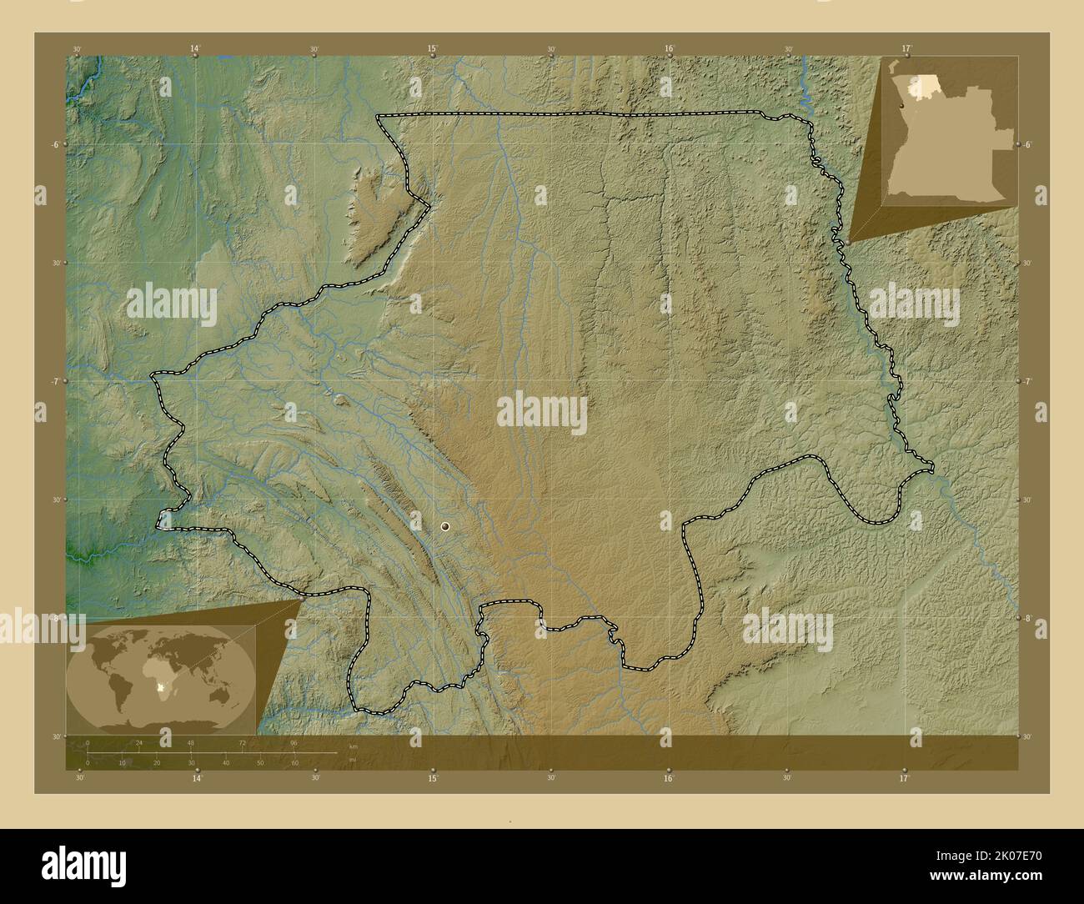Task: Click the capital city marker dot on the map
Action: (445, 526)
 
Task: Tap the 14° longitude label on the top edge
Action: (195, 49)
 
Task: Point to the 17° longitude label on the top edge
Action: (906, 49)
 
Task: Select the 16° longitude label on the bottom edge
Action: (669, 778)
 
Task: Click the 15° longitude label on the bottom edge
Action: (433, 778)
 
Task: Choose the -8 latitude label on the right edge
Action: (1029, 618)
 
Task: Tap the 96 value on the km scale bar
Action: (294, 742)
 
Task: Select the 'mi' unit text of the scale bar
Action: (353, 760)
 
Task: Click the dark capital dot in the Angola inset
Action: (903, 106)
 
